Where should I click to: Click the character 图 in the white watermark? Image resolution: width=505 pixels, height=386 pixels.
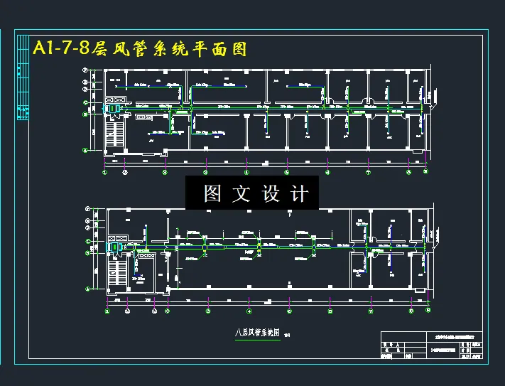coord(212,193)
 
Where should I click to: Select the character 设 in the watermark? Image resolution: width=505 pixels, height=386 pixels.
coord(271,193)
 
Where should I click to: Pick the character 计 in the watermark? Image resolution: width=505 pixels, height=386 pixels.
coord(299,193)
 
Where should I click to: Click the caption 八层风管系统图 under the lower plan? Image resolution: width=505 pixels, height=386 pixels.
coord(257,331)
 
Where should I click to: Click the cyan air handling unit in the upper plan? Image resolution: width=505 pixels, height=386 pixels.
coord(114,108)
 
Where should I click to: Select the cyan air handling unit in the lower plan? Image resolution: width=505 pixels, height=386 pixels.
coord(114,246)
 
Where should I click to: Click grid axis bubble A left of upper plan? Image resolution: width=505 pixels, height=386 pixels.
coord(86,150)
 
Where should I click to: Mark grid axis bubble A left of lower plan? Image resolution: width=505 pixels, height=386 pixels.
coord(87,289)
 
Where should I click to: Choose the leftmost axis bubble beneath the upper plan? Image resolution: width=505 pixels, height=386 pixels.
coord(105,171)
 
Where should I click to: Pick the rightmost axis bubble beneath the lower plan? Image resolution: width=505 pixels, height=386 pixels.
coord(428,311)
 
